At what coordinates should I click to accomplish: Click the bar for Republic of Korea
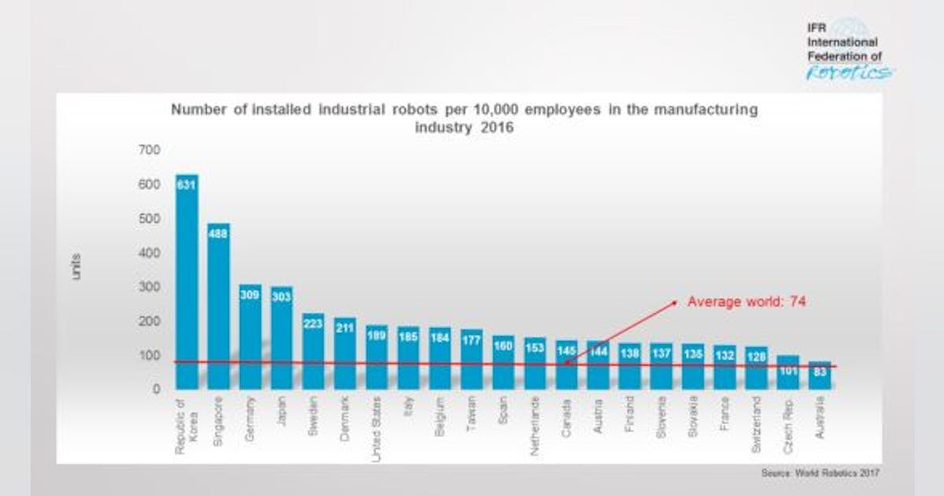(x=186, y=283)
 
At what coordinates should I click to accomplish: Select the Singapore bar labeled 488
(x=219, y=307)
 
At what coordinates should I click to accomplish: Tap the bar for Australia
(x=820, y=376)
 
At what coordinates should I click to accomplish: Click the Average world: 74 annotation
(x=747, y=302)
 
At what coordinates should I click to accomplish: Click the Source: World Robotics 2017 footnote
(x=820, y=473)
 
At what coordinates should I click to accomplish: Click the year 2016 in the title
(x=497, y=127)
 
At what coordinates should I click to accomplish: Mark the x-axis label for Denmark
(x=345, y=422)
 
